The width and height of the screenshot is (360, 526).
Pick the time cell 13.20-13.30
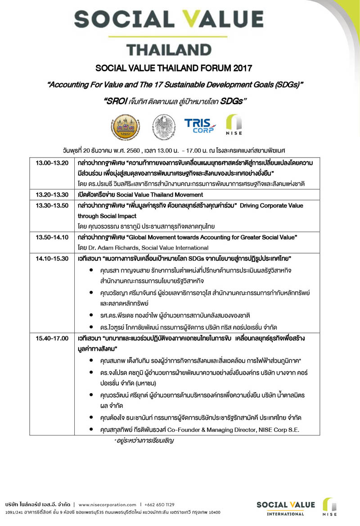pyautogui.click(x=52, y=195)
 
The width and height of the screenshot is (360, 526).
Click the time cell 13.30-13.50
pyautogui.click(x=52, y=205)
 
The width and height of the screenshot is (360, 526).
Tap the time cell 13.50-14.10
pyautogui.click(x=52, y=237)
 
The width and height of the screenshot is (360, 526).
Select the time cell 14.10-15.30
pyautogui.click(x=52, y=258)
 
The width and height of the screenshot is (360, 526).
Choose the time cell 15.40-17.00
pyautogui.click(x=52, y=338)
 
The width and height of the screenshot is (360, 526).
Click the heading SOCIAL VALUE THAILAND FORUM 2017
pyautogui.click(x=180, y=68)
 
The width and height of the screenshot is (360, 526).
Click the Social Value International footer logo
pyautogui.click(x=285, y=507)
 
